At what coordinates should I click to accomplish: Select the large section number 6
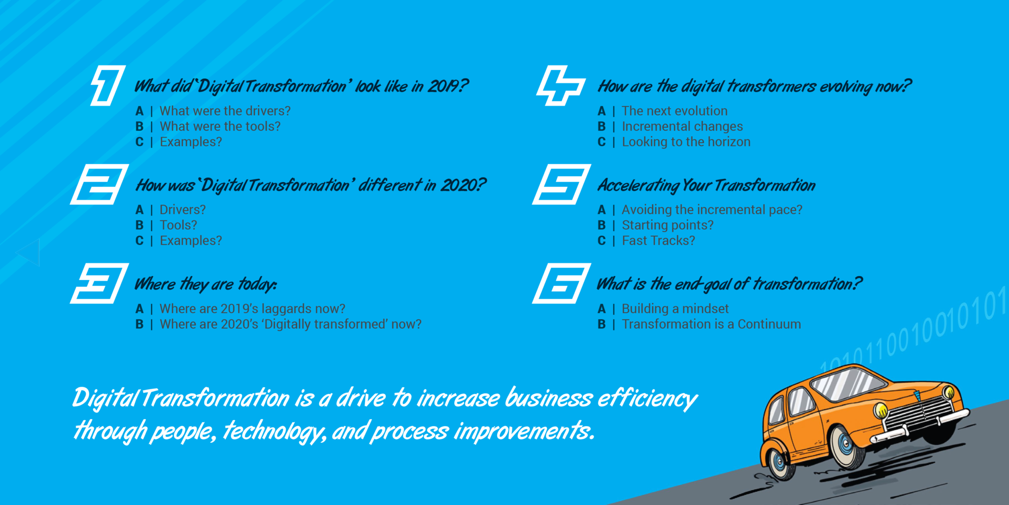[562, 284]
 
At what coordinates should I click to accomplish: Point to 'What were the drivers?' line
[225, 111]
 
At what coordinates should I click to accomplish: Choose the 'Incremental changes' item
[682, 127]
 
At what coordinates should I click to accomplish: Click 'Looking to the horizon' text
[686, 142]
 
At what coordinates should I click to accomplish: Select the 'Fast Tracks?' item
[658, 241]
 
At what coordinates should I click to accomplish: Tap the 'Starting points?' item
[667, 225]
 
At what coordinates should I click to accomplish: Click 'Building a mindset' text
[675, 309]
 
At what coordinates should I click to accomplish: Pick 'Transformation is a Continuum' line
[711, 324]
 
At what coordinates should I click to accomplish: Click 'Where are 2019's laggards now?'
[252, 309]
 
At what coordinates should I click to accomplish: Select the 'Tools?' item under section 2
[178, 225]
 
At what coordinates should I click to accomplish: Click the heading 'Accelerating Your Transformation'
[706, 185]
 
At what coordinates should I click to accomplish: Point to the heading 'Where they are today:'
[206, 285]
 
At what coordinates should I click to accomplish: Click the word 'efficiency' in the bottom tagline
[647, 398]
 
